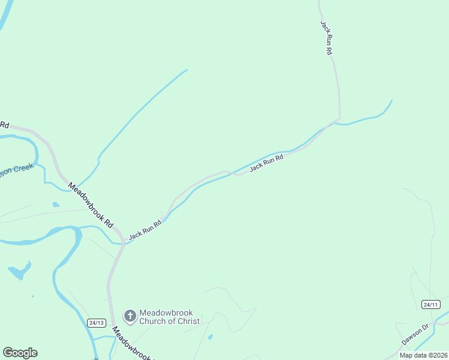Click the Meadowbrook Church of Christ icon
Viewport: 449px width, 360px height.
point(130,316)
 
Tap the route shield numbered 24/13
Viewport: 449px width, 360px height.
point(96,323)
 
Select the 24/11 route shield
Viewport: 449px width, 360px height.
point(430,304)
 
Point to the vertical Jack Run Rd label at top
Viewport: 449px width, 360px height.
point(326,38)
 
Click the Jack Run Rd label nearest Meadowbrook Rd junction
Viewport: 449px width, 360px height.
point(145,229)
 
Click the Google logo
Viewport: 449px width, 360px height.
point(20,353)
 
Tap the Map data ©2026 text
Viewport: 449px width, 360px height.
point(424,355)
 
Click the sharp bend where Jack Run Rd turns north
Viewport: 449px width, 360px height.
point(339,118)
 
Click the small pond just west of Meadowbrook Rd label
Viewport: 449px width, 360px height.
point(56,205)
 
